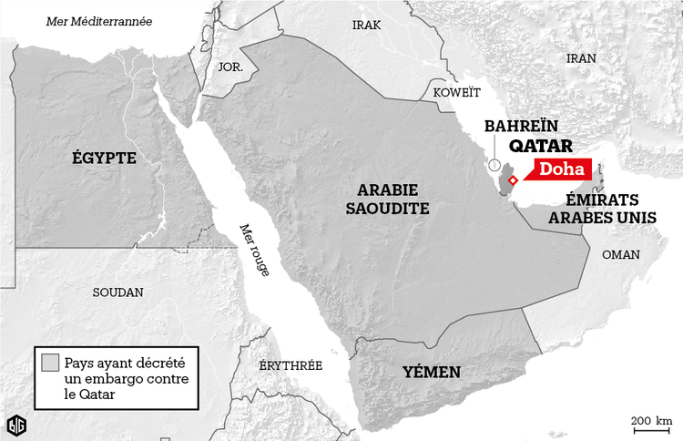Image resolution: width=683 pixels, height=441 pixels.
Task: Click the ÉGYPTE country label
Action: coord(104,159)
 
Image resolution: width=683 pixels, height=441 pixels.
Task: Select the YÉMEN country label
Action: coord(432,372)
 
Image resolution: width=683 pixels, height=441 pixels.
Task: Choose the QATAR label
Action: coord(540,146)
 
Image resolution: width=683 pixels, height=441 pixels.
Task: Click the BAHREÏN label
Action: coord(521,125)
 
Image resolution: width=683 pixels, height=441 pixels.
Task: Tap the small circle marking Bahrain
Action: coord(494,168)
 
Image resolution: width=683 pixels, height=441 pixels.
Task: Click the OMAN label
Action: coord(621,255)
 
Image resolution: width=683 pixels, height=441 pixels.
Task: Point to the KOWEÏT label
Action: coord(455,93)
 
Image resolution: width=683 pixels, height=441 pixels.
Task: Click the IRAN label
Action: coord(581,57)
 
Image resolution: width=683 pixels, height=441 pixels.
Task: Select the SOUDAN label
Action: coord(118,292)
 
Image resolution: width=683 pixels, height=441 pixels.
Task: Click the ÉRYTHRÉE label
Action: coord(291,364)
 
